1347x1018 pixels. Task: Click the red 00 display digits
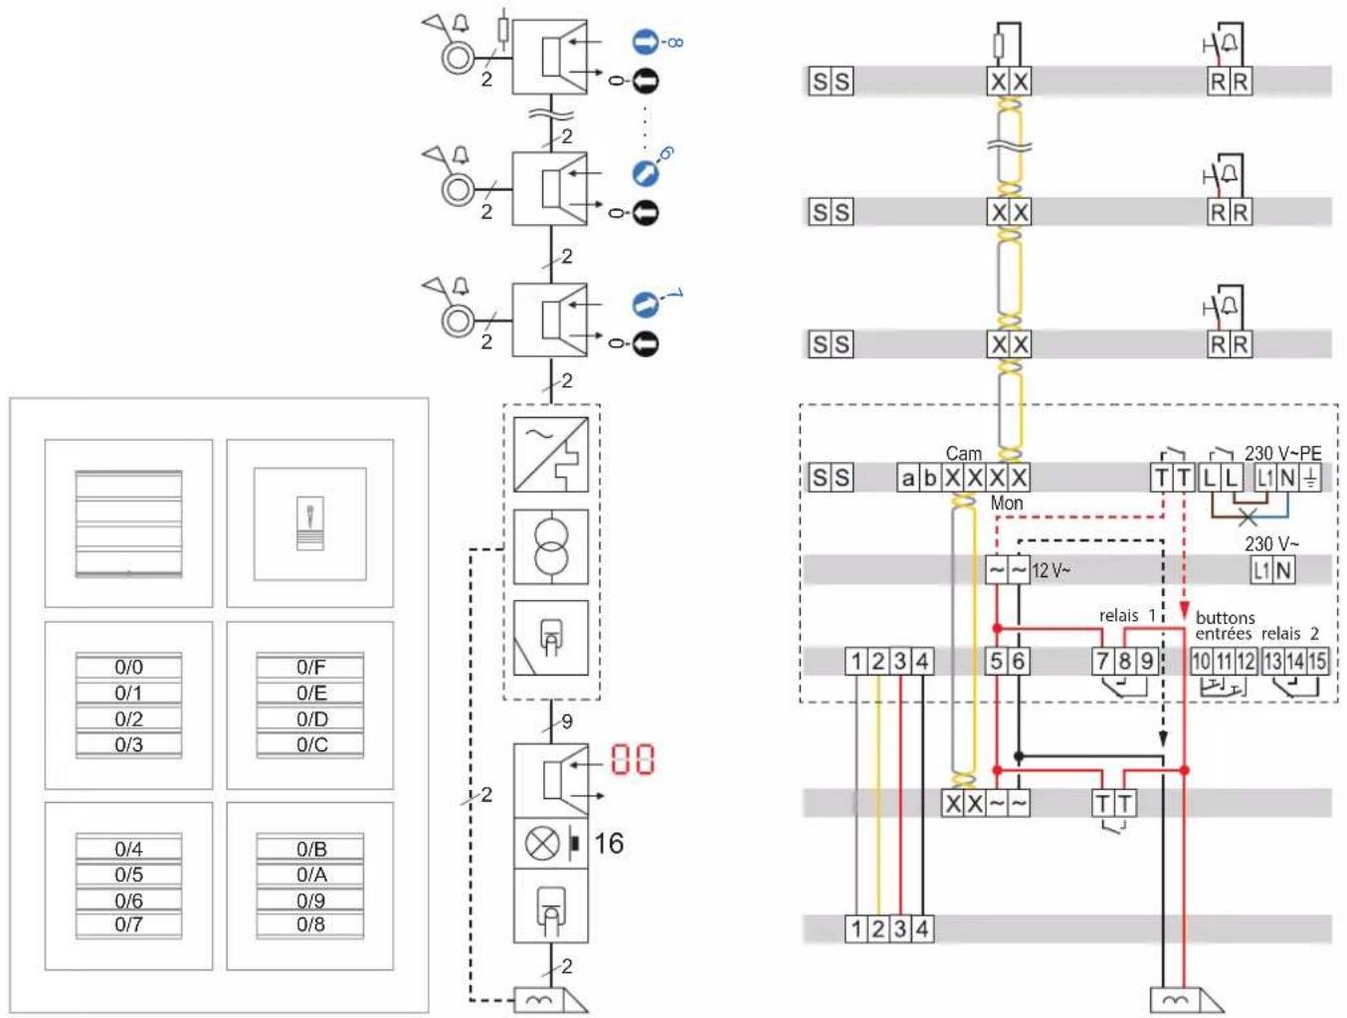click(x=632, y=759)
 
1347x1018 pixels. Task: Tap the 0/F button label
click(x=311, y=667)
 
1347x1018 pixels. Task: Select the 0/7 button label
click(x=128, y=923)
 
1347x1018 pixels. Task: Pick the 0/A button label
click(x=311, y=874)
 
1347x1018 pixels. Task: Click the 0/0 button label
click(x=128, y=667)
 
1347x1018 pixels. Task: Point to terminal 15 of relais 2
click(x=1317, y=661)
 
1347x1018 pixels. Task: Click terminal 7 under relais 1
click(x=1102, y=661)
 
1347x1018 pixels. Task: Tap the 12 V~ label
click(x=1051, y=570)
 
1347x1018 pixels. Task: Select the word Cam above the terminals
click(x=963, y=453)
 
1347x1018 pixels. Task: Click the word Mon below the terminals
click(x=1007, y=504)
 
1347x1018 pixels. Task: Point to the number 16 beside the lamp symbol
click(x=609, y=843)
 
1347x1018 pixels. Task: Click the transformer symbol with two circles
click(x=550, y=546)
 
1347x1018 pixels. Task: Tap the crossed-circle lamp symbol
click(x=542, y=843)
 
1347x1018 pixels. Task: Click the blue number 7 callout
click(x=673, y=296)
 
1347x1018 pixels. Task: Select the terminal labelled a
click(x=907, y=478)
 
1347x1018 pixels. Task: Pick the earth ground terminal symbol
click(x=1311, y=478)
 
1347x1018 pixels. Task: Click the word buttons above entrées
click(x=1225, y=617)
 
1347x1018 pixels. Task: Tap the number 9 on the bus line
click(x=567, y=721)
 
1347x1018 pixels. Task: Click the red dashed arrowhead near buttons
click(x=1185, y=609)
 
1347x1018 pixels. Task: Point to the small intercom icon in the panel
click(x=310, y=523)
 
